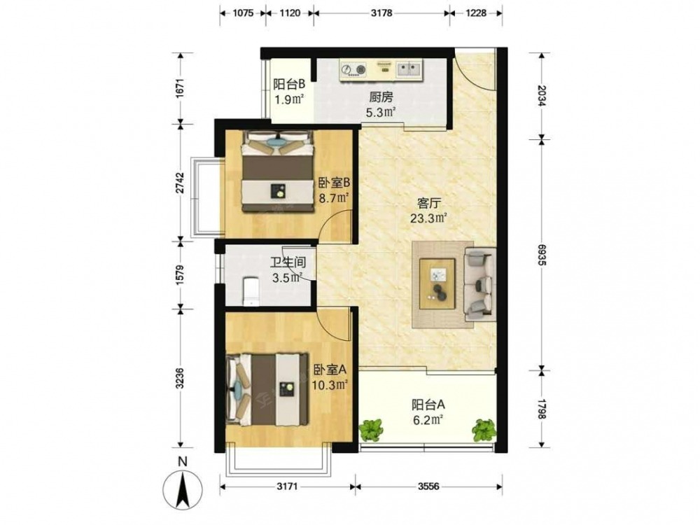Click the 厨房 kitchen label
381,97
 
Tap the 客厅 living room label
428,204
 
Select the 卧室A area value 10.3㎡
330,385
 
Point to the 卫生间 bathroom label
288,262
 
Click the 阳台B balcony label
289,84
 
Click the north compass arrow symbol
183,490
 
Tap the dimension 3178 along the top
381,13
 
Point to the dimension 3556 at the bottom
428,486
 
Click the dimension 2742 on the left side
179,183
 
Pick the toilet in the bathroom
251,291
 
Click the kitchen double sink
409,69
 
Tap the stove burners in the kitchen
353,69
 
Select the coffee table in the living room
437,283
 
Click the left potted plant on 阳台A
371,430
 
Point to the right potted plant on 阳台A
484,430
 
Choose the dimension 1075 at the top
243,13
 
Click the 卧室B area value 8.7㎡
332,197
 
